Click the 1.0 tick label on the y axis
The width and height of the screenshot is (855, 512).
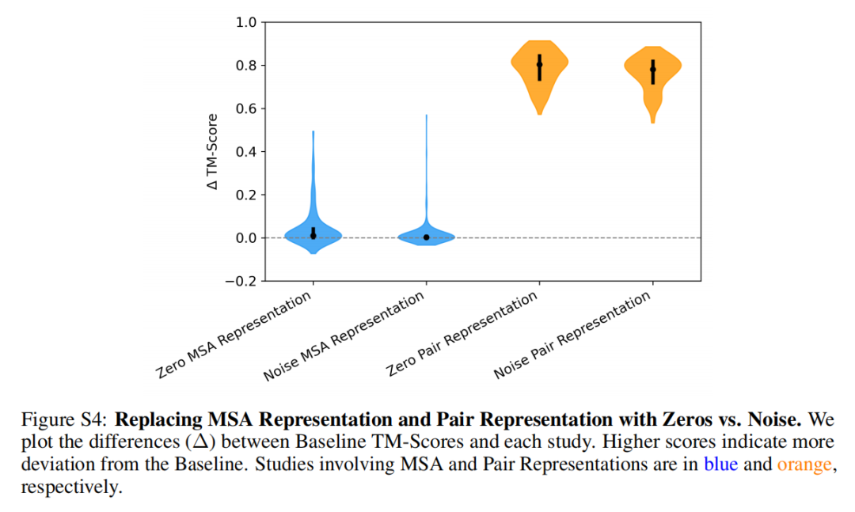point(246,22)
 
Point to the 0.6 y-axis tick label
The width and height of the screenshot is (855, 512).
point(246,108)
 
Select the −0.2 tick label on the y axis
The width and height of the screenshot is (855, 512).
point(241,281)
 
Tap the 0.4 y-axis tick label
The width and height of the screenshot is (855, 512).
point(246,152)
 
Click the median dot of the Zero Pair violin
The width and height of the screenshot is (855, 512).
point(540,65)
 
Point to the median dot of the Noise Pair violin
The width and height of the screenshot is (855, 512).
point(652,70)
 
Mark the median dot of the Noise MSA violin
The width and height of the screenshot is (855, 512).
point(427,237)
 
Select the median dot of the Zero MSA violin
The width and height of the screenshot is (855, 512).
point(313,235)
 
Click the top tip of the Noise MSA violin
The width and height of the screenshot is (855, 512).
point(427,116)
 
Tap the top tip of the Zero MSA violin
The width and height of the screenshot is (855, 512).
point(313,132)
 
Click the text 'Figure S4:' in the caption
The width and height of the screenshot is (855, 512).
point(67,419)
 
